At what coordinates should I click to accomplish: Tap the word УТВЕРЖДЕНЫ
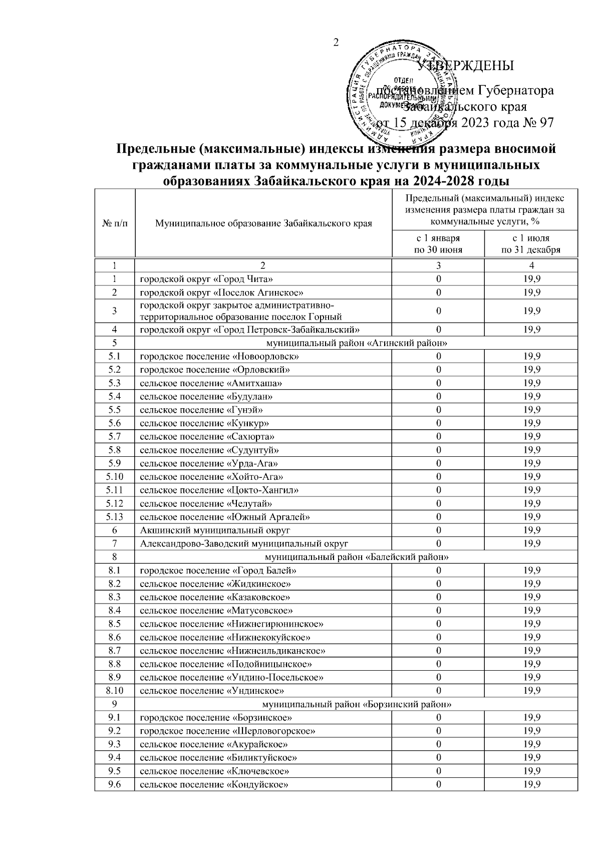point(465,65)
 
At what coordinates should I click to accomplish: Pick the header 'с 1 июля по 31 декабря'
point(531,244)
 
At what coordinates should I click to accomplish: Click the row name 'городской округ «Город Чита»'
point(206,279)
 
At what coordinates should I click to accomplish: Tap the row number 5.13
point(115,516)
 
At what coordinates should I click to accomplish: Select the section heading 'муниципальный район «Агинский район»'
point(356,343)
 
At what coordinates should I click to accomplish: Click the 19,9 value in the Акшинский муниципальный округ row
point(531,530)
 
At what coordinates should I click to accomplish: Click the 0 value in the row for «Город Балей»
point(438,571)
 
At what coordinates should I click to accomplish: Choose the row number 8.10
point(115,691)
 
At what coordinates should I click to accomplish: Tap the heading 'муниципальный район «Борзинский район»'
point(356,704)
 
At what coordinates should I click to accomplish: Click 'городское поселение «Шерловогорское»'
point(227,731)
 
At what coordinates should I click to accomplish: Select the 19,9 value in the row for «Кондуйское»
point(531,784)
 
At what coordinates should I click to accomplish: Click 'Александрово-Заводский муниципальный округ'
point(244,543)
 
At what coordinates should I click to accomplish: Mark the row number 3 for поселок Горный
point(115,311)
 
